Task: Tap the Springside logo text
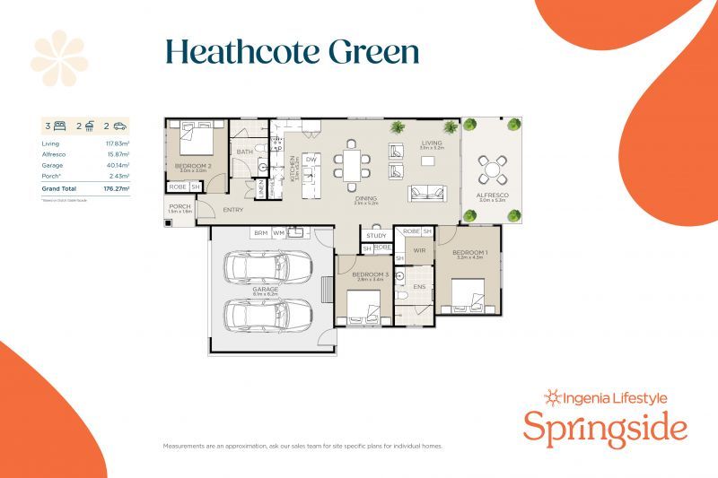coord(605,428)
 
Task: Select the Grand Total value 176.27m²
coord(117,189)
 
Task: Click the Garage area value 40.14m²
coord(118,165)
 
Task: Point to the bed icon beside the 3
coord(60,126)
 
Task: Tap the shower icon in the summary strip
coord(90,126)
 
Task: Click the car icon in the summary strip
coord(119,126)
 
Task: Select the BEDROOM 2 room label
coord(192,167)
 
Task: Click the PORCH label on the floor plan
coord(179,206)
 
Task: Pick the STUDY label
coord(376,236)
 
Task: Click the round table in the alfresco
coord(491,168)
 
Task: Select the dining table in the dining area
coord(352,166)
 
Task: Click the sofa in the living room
coord(426,193)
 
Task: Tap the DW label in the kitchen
coord(311,159)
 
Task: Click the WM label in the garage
coord(279,232)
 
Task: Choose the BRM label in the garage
coord(260,232)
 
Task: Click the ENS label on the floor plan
coord(418,287)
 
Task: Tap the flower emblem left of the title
coord(59,58)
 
